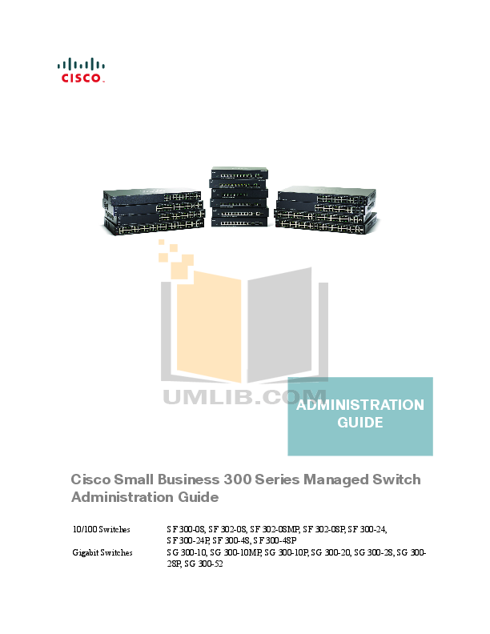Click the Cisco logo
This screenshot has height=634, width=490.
(81, 70)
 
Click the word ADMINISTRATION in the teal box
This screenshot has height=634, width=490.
(360, 405)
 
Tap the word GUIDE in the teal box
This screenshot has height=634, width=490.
(360, 422)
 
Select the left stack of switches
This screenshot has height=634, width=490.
(152, 211)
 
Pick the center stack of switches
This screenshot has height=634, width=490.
(239, 199)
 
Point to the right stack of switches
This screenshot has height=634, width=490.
(325, 211)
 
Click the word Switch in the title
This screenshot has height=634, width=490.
(395, 480)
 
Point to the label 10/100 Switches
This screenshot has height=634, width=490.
(94, 529)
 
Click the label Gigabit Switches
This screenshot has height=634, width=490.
(101, 552)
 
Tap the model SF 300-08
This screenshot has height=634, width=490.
(185, 529)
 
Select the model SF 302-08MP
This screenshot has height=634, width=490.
(275, 529)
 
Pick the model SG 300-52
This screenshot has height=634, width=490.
(207, 564)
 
